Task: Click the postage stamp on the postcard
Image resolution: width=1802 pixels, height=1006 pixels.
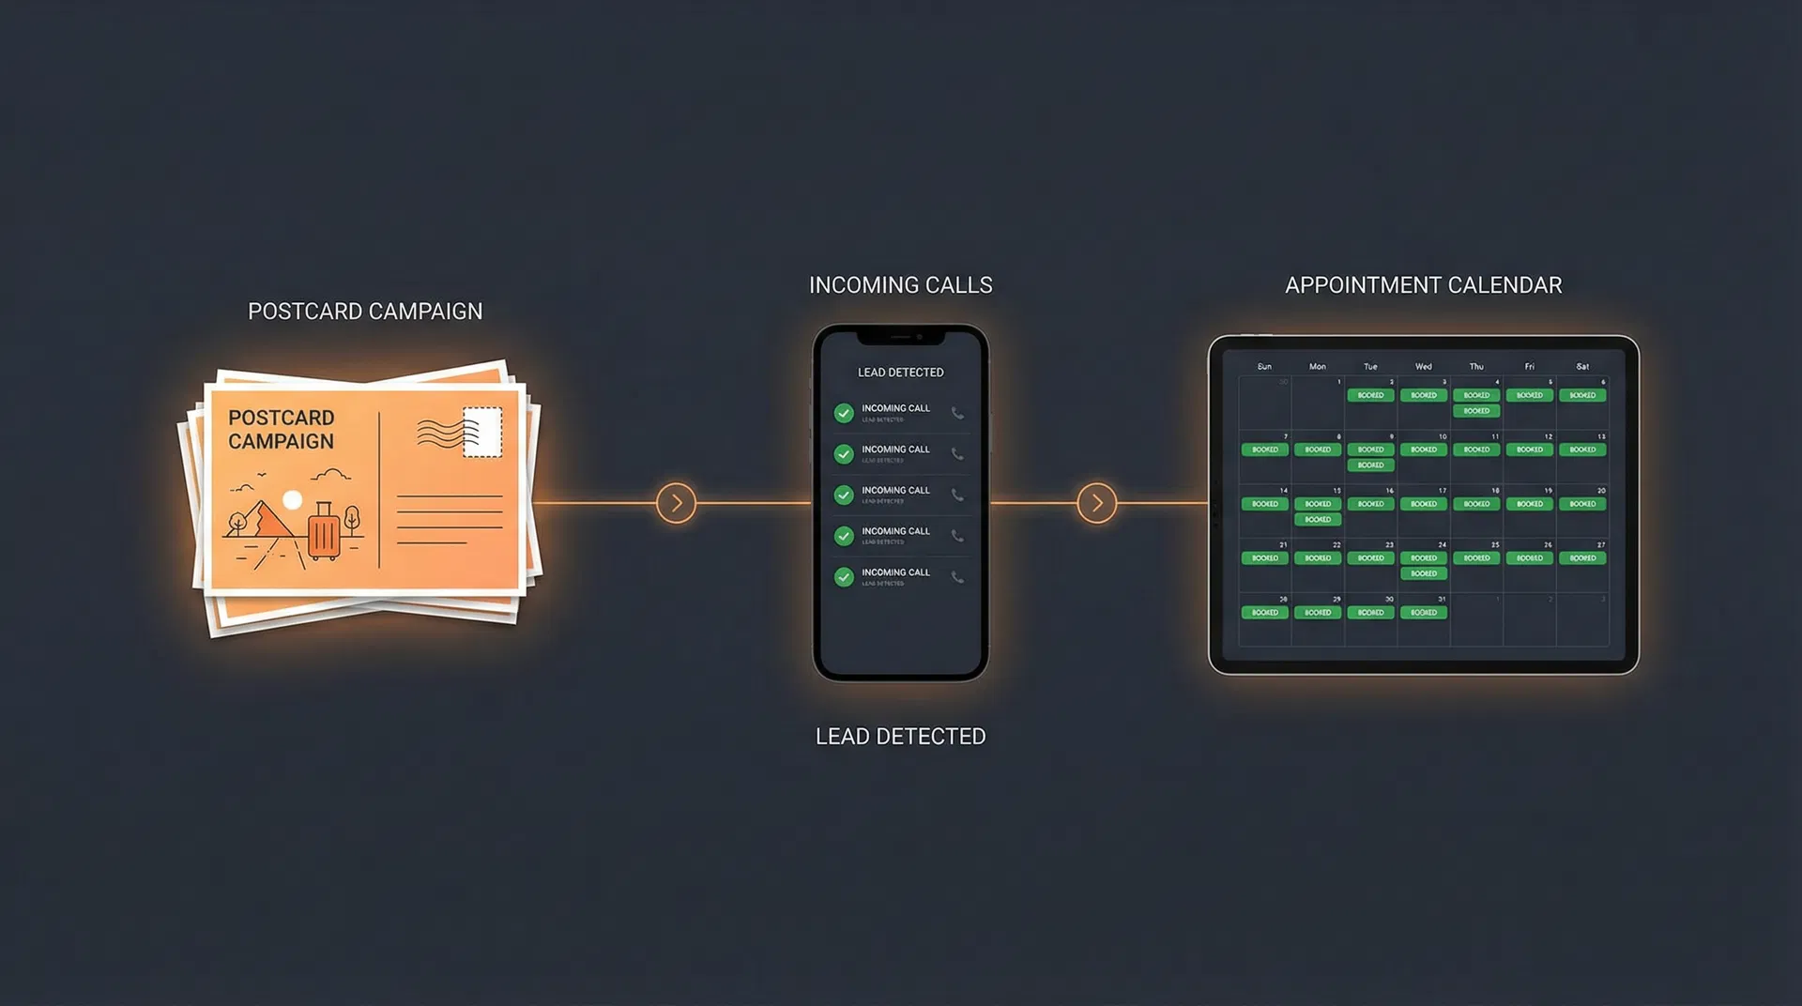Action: [x=482, y=432]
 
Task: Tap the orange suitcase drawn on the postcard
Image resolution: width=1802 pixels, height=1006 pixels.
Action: [x=324, y=533]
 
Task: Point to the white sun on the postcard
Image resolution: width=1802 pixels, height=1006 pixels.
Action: [x=293, y=500]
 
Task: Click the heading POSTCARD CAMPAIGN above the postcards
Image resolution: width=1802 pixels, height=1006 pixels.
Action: [x=365, y=312]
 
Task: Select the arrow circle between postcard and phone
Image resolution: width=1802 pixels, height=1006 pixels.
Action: [x=676, y=503]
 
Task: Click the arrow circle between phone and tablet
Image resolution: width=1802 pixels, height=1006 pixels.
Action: [x=1096, y=503]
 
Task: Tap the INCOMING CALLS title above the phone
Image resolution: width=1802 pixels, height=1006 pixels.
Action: [x=900, y=285]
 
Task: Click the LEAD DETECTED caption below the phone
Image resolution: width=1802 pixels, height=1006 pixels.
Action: [x=900, y=737]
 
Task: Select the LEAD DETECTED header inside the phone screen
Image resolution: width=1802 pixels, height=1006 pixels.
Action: [x=900, y=373]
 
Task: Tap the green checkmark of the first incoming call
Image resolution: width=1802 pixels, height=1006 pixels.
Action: [x=844, y=413]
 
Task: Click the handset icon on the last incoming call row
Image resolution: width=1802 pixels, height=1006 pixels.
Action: [x=957, y=577]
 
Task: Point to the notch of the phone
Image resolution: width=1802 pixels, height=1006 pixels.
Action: [x=900, y=336]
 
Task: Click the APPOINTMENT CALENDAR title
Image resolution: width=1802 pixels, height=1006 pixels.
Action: [x=1423, y=285]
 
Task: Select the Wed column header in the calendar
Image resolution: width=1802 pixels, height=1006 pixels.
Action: [x=1423, y=367]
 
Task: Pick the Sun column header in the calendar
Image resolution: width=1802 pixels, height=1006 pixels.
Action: [x=1264, y=367]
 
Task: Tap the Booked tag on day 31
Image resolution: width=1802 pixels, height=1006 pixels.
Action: [x=1423, y=613]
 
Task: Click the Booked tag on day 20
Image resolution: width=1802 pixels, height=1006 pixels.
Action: [x=1582, y=504]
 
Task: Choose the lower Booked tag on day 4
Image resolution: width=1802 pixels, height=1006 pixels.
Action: [x=1476, y=411]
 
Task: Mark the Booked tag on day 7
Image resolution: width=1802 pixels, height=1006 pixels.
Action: [x=1264, y=450]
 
